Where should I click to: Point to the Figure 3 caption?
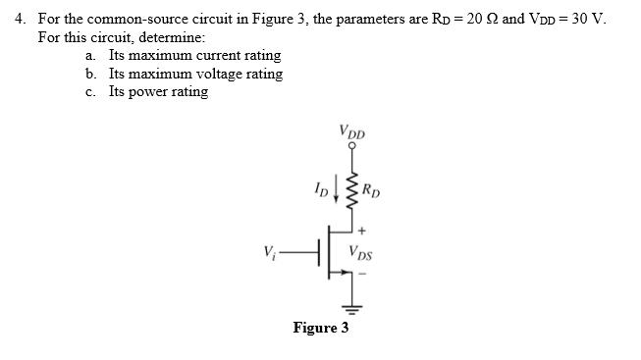pyautogui.click(x=320, y=328)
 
